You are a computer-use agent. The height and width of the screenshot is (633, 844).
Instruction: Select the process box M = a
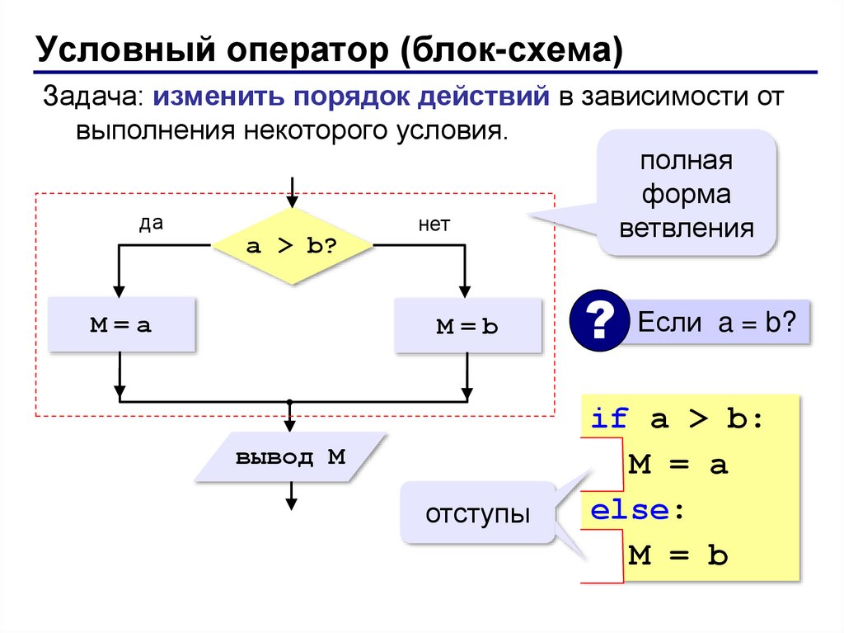click(x=121, y=325)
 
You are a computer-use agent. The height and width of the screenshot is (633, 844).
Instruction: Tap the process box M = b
click(x=467, y=326)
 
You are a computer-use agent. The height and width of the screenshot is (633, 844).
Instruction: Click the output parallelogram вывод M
click(x=291, y=457)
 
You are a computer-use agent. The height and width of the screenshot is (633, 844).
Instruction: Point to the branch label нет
click(x=434, y=224)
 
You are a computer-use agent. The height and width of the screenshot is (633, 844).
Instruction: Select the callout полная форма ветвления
click(x=687, y=194)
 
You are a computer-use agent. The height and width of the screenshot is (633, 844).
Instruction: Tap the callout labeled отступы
click(x=477, y=514)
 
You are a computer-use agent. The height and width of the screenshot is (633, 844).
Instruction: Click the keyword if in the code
click(x=610, y=419)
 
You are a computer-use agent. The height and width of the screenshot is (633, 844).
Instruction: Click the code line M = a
click(x=678, y=465)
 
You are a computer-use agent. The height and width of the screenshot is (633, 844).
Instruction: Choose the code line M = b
click(x=678, y=556)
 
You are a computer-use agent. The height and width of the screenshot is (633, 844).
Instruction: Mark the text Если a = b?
click(x=716, y=322)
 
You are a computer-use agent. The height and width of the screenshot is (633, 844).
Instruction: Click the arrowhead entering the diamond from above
click(x=291, y=201)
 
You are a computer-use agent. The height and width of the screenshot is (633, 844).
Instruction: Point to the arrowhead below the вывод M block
click(x=291, y=503)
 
